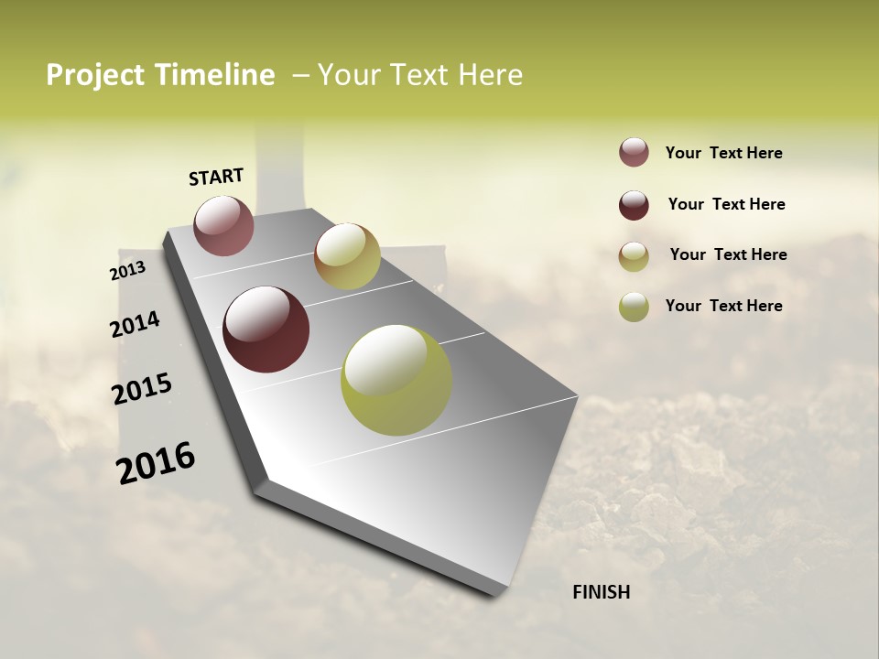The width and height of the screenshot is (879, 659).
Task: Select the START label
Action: pyautogui.click(x=216, y=177)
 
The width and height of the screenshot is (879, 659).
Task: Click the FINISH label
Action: pyautogui.click(x=602, y=592)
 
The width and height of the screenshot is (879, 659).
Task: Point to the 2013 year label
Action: pyautogui.click(x=127, y=271)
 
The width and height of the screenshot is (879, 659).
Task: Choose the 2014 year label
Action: pyautogui.click(x=135, y=324)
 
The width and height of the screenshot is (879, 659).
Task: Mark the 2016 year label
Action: pyautogui.click(x=156, y=463)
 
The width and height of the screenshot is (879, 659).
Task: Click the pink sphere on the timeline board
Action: pyautogui.click(x=224, y=226)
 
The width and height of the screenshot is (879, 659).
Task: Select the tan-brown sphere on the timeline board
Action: pyautogui.click(x=347, y=256)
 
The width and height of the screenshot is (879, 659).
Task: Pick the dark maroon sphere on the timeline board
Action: pyautogui.click(x=266, y=329)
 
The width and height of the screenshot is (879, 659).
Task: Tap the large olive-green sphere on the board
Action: pyautogui.click(x=396, y=380)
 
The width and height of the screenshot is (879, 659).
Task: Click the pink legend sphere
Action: pyautogui.click(x=634, y=152)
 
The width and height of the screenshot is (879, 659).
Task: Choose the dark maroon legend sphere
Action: pyautogui.click(x=634, y=205)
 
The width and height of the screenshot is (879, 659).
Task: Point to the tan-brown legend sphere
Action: pyautogui.click(x=634, y=256)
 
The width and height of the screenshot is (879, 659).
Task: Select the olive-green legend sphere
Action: pyautogui.click(x=634, y=307)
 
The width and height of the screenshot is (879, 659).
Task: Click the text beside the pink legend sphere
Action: pyautogui.click(x=724, y=153)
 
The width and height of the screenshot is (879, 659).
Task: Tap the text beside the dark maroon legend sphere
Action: pyautogui.click(x=727, y=204)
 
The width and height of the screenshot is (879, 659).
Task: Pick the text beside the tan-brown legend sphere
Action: pyautogui.click(x=729, y=254)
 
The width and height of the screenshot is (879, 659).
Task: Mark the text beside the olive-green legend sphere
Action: pyautogui.click(x=724, y=306)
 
